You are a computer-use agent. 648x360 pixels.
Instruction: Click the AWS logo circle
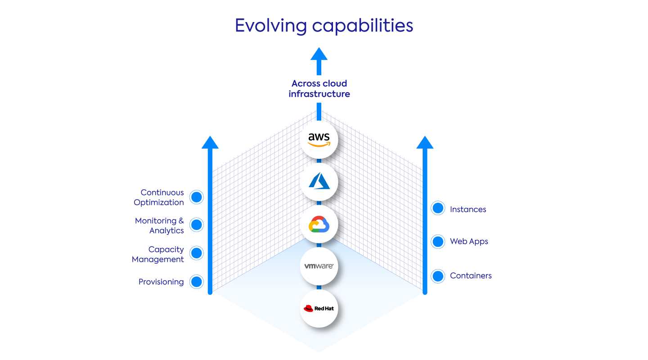click(319, 140)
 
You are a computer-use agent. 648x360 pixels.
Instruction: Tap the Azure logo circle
click(319, 182)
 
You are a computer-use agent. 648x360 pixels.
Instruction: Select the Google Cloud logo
click(319, 224)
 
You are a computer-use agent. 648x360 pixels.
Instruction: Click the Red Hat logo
click(319, 309)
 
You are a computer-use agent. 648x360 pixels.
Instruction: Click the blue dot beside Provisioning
click(197, 282)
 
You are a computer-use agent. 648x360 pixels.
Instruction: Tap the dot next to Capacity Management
click(197, 253)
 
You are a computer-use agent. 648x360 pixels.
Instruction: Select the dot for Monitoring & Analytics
click(197, 225)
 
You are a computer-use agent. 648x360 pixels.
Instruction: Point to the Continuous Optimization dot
click(197, 197)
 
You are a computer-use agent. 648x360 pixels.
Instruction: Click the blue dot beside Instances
click(438, 208)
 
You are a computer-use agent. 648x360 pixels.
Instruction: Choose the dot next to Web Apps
click(438, 242)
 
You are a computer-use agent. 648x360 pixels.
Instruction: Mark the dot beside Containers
click(438, 276)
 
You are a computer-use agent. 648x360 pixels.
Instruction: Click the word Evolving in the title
click(271, 26)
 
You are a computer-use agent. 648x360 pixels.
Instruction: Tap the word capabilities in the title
click(363, 26)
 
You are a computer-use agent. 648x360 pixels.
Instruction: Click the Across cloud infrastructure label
click(319, 89)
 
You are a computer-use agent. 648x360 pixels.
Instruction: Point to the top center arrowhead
click(319, 54)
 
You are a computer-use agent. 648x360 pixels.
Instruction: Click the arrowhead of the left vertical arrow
click(210, 142)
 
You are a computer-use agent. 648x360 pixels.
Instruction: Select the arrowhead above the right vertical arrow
click(425, 142)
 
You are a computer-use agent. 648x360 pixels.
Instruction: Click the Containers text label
click(471, 276)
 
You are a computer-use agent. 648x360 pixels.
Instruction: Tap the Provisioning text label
click(161, 282)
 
